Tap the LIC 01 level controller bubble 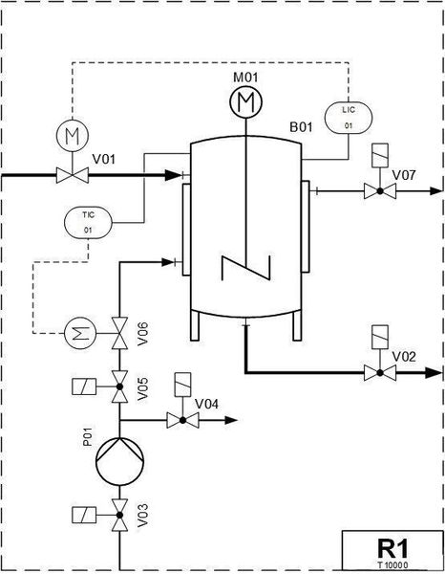click(x=349, y=118)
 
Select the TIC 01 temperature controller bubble click(x=88, y=222)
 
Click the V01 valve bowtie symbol click(x=73, y=175)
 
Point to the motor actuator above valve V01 click(x=73, y=135)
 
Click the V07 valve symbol click(x=380, y=190)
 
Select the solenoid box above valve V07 click(x=380, y=156)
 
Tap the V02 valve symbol click(x=380, y=373)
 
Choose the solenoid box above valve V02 click(x=380, y=337)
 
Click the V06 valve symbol click(x=119, y=333)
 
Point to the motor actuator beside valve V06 click(x=80, y=333)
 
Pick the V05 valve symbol click(x=119, y=386)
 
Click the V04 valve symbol click(x=182, y=420)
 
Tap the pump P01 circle click(x=119, y=461)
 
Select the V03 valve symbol click(x=119, y=515)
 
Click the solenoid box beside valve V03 click(x=84, y=515)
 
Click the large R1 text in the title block click(x=392, y=548)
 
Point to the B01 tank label click(x=301, y=127)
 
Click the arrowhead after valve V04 click(x=231, y=420)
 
